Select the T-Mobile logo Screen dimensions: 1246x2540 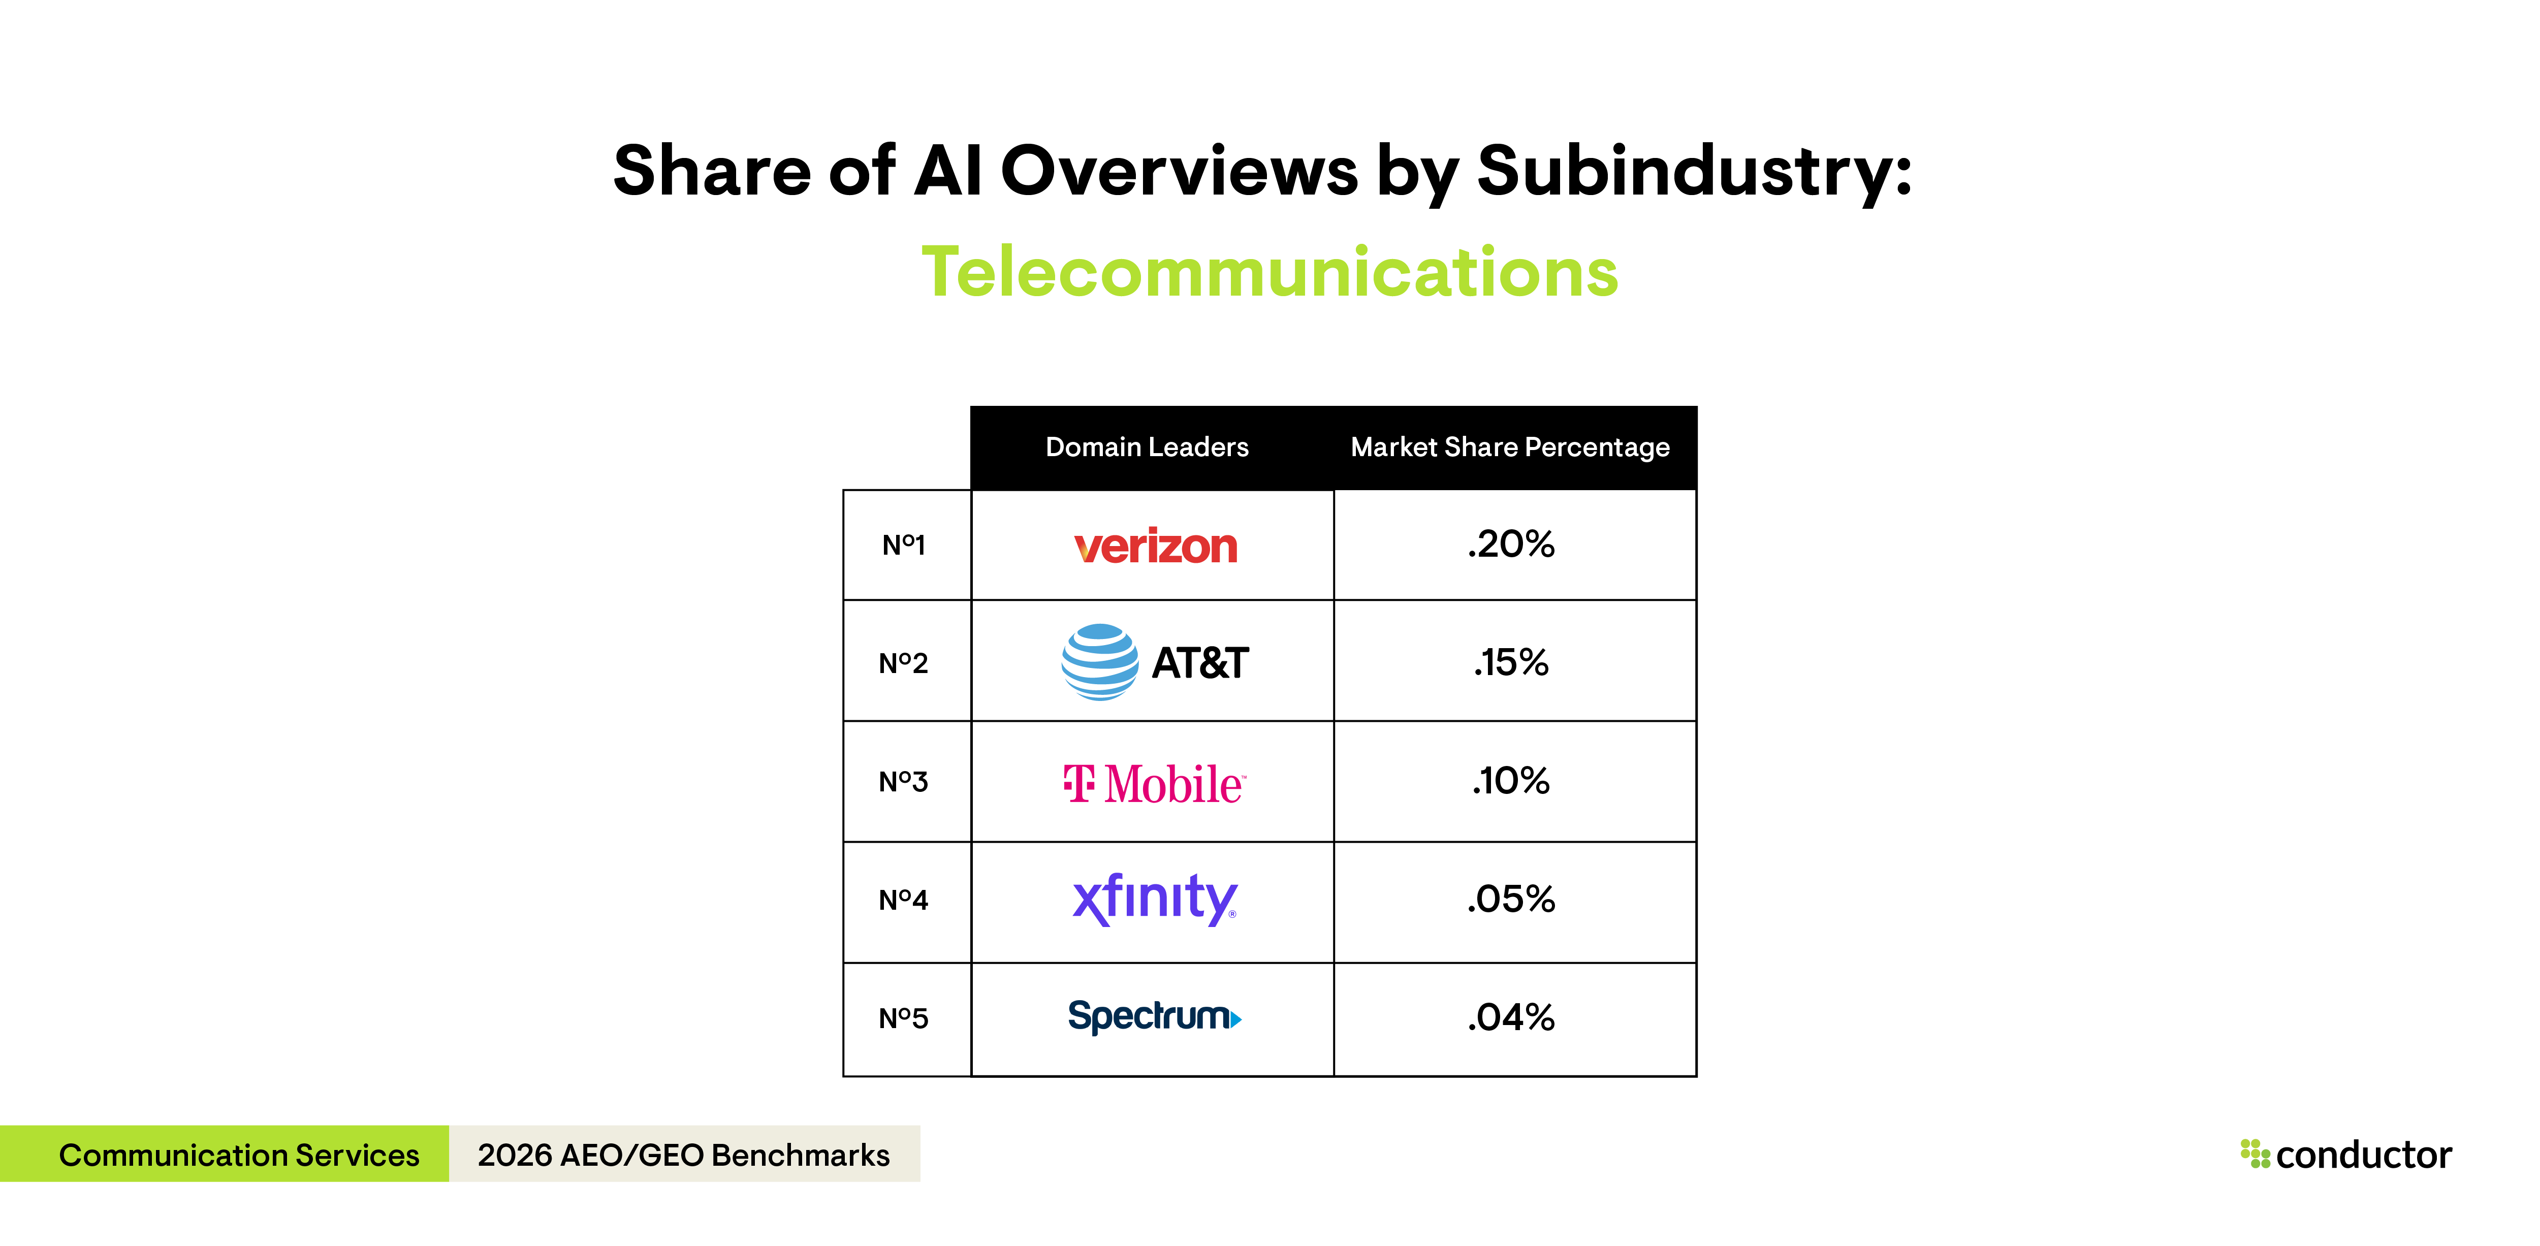click(x=1154, y=784)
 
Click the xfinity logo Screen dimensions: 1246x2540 click(x=1154, y=899)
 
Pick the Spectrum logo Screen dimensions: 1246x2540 click(x=1154, y=1016)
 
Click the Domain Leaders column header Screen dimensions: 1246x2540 click(x=1147, y=448)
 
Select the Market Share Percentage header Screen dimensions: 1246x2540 click(x=1510, y=448)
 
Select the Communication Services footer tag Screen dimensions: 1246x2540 click(x=239, y=1155)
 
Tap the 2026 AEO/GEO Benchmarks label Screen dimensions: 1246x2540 click(x=683, y=1155)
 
